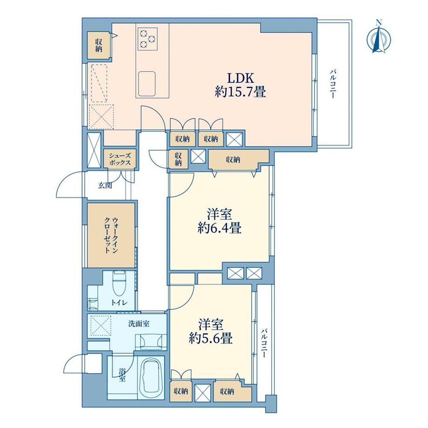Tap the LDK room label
(x=241, y=79)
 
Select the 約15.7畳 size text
(x=240, y=92)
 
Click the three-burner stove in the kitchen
(x=147, y=39)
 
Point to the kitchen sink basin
(x=147, y=82)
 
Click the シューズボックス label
(x=120, y=159)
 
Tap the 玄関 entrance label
(x=105, y=186)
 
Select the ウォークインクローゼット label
(x=111, y=235)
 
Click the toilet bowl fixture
(x=119, y=283)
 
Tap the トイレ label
(x=119, y=303)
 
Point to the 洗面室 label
(x=139, y=324)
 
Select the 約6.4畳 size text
(x=219, y=228)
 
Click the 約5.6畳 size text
(x=211, y=339)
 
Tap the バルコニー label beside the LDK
(x=333, y=84)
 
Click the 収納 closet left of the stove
(x=99, y=45)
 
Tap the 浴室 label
(x=122, y=375)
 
